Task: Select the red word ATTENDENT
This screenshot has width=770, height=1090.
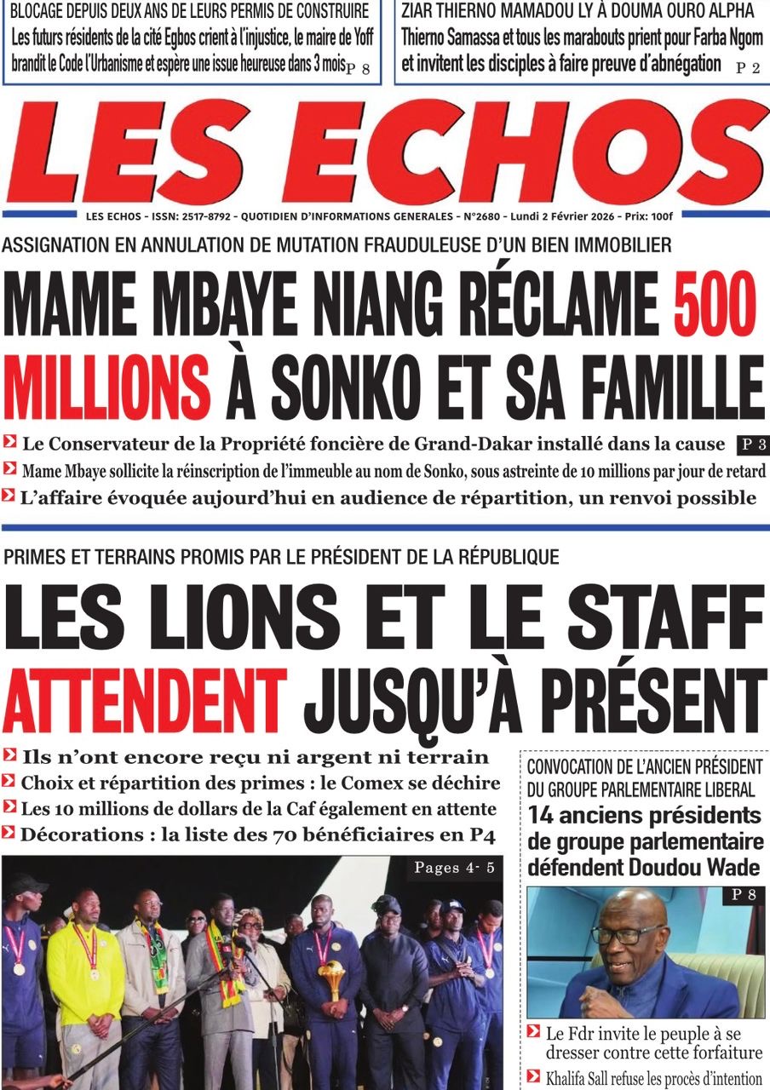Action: [145, 700]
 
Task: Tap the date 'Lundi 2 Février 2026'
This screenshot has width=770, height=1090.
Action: [560, 216]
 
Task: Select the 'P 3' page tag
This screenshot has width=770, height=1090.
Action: [747, 444]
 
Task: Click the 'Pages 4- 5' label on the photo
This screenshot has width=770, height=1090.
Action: [453, 869]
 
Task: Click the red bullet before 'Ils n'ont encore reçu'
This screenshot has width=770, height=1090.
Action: [10, 754]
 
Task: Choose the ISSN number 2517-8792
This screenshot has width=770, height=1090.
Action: [204, 216]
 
